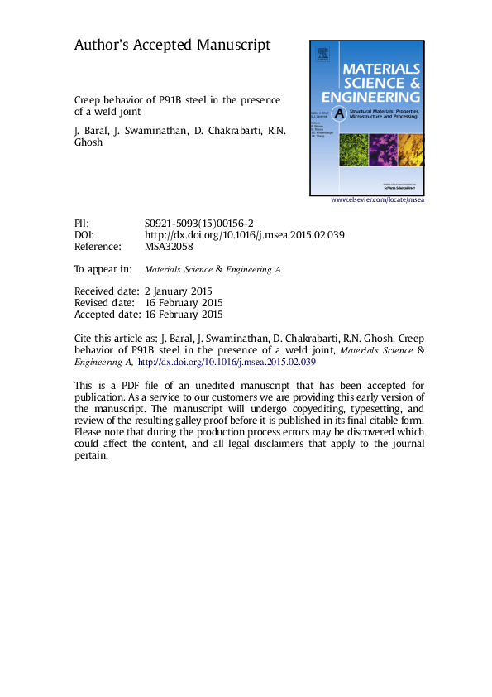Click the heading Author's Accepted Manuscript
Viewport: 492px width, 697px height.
[x=172, y=46]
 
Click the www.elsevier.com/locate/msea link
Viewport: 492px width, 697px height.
[x=377, y=200]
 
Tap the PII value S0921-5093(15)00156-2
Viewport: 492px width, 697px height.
[x=198, y=224]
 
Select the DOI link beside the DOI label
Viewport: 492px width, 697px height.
[x=244, y=235]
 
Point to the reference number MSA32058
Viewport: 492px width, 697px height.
[x=169, y=247]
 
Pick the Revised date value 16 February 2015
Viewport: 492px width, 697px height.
[x=184, y=303]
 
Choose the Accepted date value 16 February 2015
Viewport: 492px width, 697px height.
[x=184, y=315]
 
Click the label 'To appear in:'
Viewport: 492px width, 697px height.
[x=103, y=269]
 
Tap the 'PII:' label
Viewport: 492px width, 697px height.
[x=82, y=224]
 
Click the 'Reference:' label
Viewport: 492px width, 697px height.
[x=98, y=247]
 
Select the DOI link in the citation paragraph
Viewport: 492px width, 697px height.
[x=226, y=362]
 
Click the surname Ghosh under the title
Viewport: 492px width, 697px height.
[x=89, y=142]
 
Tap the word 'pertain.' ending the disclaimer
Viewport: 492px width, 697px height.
[x=91, y=454]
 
